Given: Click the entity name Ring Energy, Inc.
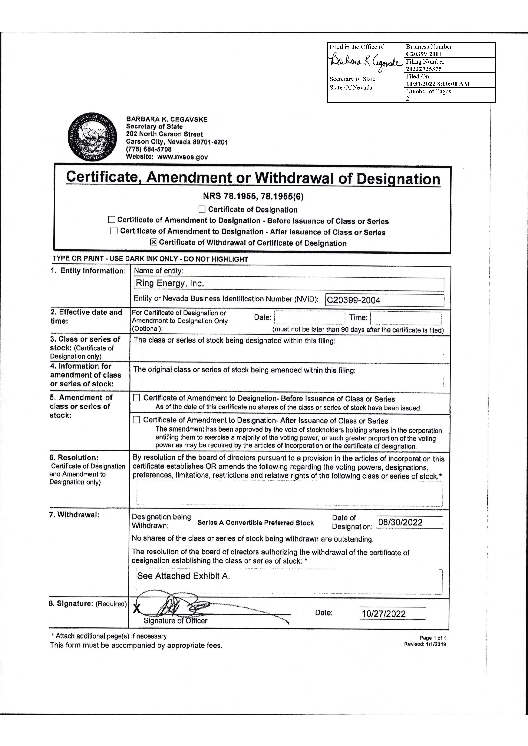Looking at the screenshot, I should [x=170, y=283].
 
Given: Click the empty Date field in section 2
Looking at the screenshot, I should [x=310, y=318].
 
